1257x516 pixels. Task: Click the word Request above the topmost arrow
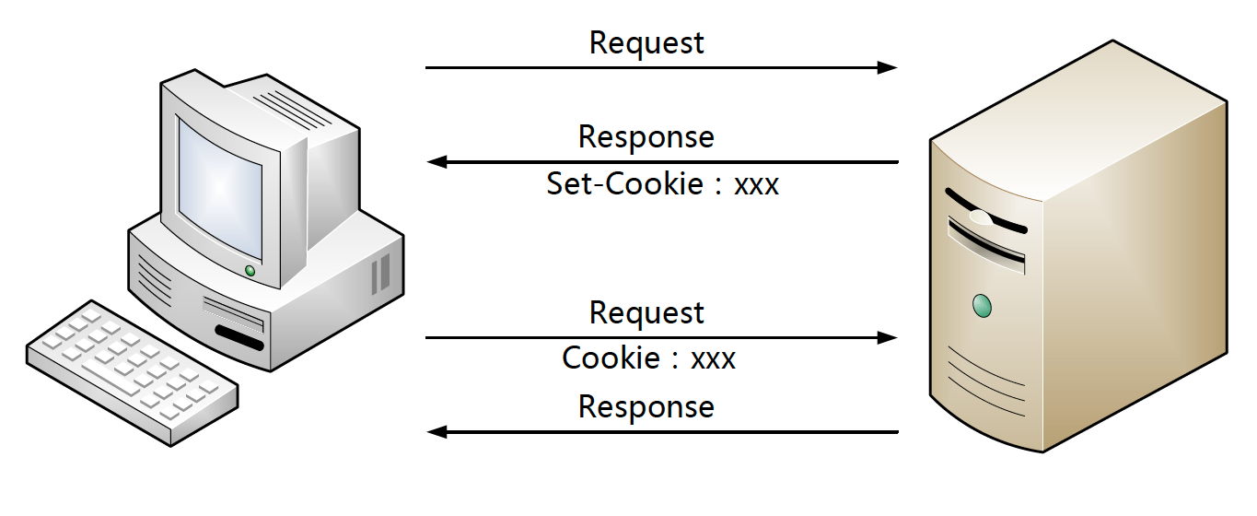646,43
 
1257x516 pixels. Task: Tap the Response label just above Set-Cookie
646,137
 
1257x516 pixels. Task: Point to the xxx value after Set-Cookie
756,185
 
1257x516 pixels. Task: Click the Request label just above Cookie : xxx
646,313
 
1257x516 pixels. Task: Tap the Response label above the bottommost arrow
646,407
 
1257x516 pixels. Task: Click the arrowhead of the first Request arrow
887,67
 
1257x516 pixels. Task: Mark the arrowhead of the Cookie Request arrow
887,338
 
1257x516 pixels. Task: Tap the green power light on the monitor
250,270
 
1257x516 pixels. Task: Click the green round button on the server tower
982,305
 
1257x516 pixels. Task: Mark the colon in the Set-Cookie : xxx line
718,185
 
